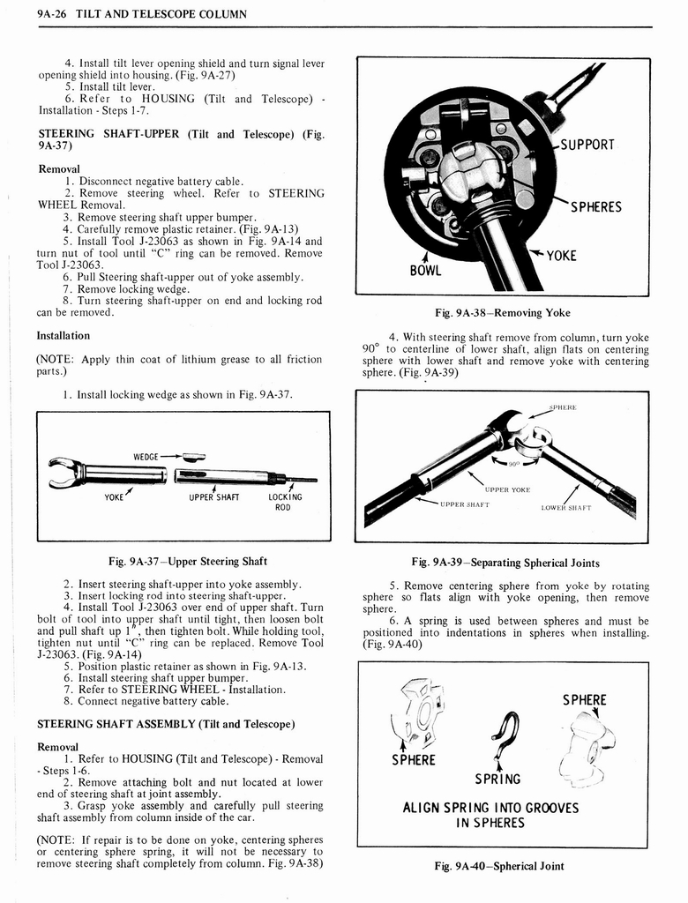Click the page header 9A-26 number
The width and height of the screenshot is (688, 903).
(x=24, y=14)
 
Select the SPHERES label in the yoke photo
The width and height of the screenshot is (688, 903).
(x=595, y=207)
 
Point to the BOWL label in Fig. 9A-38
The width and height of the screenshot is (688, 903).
(x=425, y=270)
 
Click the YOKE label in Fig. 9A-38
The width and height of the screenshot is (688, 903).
(x=561, y=256)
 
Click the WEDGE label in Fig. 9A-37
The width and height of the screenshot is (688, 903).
(x=146, y=456)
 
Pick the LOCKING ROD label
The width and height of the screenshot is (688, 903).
(x=284, y=502)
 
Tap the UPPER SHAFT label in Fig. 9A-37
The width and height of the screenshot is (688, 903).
(x=214, y=496)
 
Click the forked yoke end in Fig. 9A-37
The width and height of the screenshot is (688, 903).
(x=62, y=473)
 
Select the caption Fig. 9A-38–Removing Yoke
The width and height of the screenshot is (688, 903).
(x=503, y=312)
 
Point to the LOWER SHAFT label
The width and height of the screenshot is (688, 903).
(x=565, y=507)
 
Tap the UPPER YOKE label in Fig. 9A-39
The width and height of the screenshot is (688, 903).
(x=507, y=489)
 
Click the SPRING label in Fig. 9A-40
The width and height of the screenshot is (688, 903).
(x=497, y=779)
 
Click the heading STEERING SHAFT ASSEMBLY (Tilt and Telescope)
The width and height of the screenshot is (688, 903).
(x=165, y=724)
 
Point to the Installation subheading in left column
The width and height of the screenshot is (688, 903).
(x=63, y=336)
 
